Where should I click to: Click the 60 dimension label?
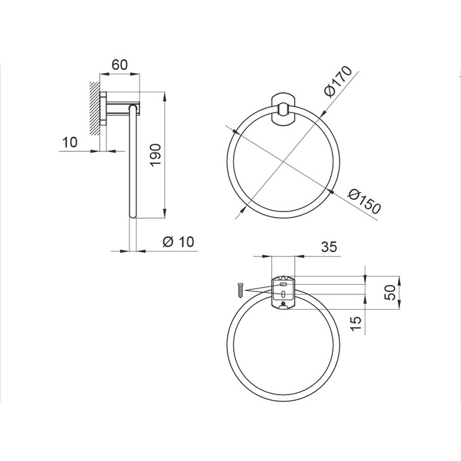119,65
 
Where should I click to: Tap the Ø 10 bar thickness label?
179,242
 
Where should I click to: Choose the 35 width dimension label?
329,247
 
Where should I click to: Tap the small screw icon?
239,289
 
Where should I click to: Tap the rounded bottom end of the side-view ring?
133,216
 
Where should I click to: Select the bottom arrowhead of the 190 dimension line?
165,215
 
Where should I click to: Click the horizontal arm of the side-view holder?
122,106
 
